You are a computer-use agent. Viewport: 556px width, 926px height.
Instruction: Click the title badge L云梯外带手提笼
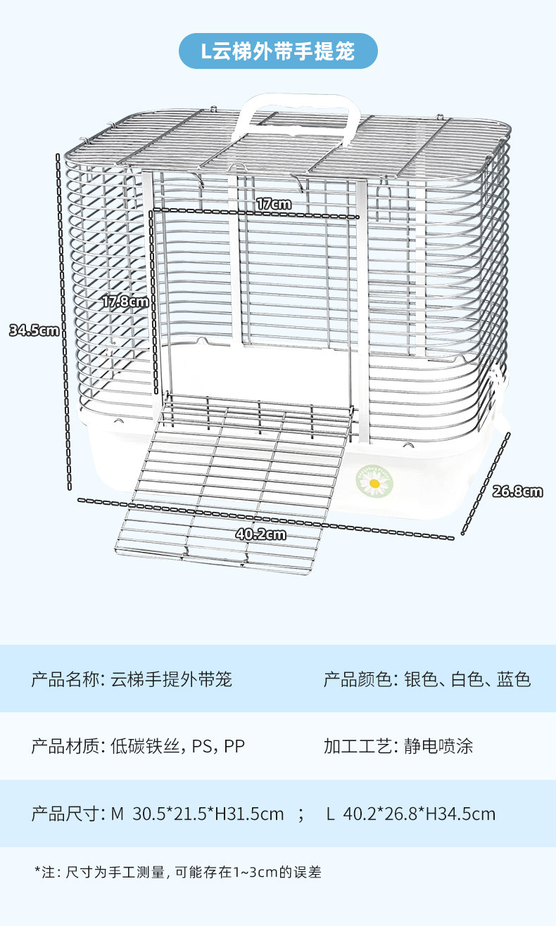click(x=278, y=51)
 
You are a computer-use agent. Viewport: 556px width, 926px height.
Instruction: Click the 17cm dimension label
click(x=273, y=204)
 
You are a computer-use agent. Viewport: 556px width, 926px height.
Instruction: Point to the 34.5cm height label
click(x=34, y=330)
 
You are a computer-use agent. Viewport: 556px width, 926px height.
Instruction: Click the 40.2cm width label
click(x=260, y=534)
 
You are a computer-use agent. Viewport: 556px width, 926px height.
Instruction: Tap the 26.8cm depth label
click(x=517, y=491)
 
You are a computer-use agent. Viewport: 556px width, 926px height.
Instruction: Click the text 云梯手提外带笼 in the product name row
click(x=171, y=679)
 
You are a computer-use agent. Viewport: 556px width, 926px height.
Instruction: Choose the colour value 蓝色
click(x=513, y=679)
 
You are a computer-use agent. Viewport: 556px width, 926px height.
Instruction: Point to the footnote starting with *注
click(x=178, y=873)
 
